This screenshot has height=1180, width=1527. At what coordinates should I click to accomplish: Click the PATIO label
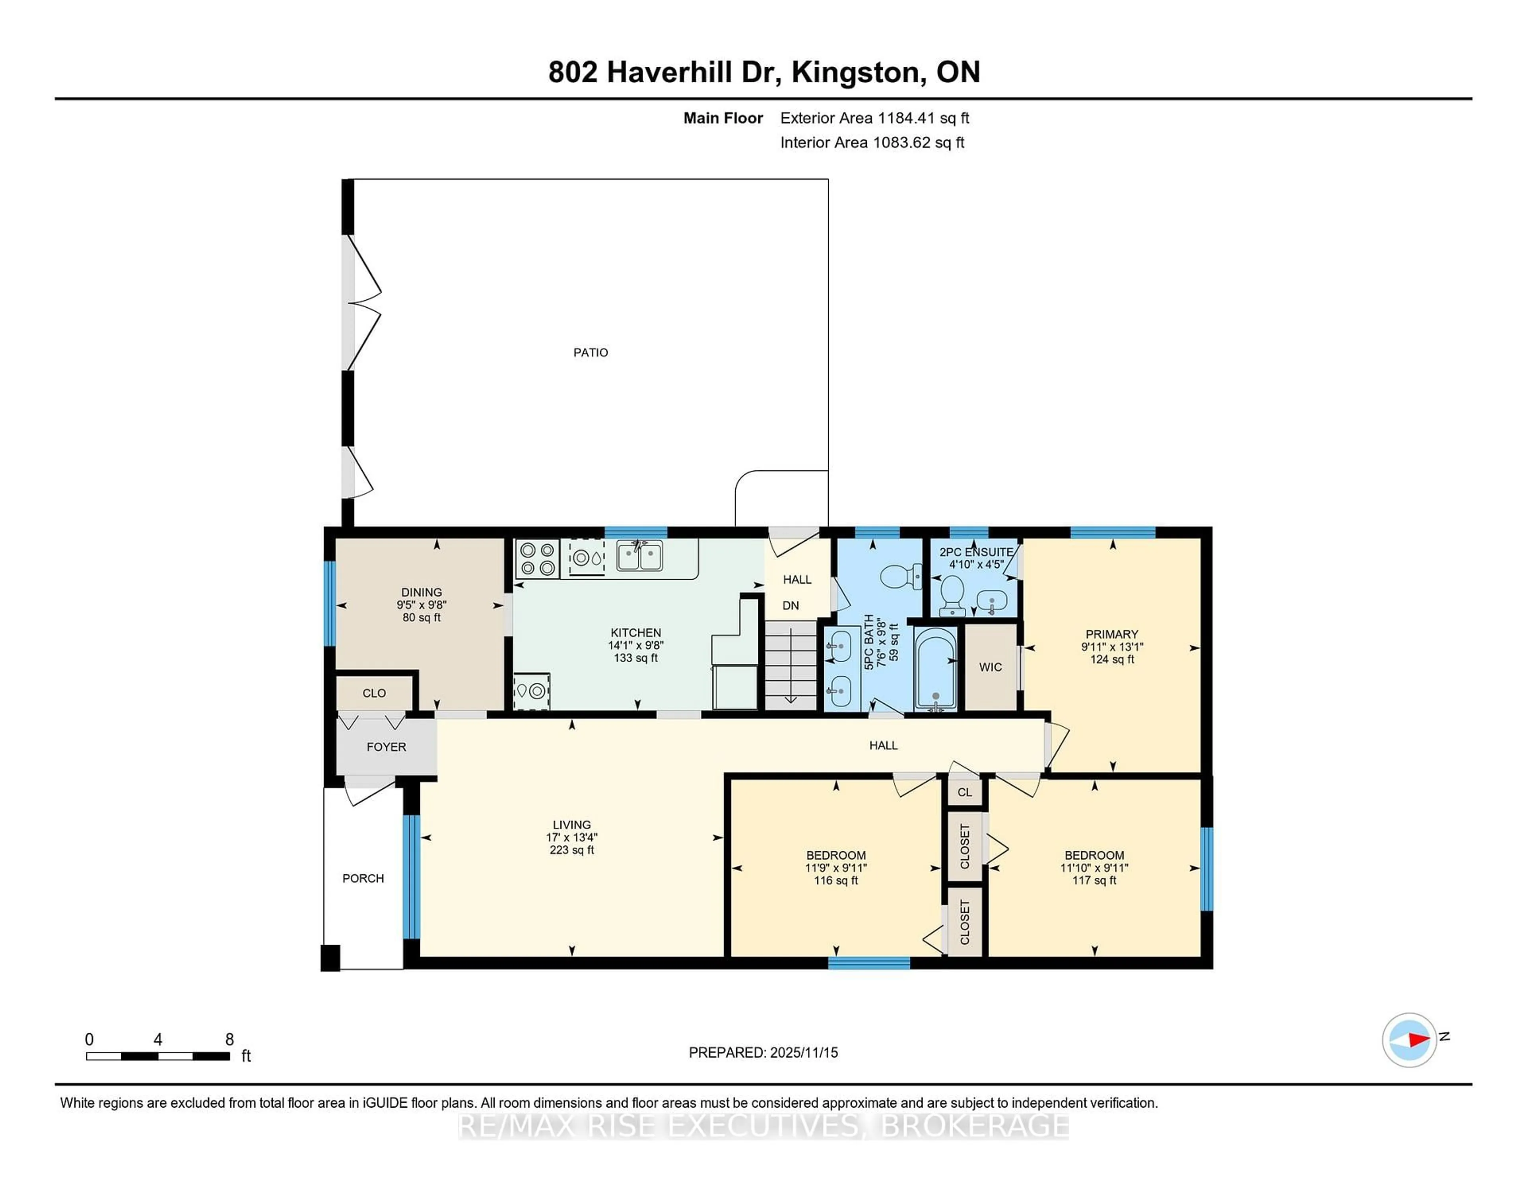pos(590,352)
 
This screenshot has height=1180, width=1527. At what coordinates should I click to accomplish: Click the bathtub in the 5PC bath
pos(936,669)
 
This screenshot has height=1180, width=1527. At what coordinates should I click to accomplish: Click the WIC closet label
pos(990,667)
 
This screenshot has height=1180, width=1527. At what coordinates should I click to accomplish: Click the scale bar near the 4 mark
pos(158,1056)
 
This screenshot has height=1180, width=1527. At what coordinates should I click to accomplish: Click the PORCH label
pos(363,878)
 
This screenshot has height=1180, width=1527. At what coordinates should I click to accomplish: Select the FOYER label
pos(386,747)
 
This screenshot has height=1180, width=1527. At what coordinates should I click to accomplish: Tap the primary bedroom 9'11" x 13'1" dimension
pos(1112,646)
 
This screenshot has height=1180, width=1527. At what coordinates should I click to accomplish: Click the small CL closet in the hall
pos(964,792)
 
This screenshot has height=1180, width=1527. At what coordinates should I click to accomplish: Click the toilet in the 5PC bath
pos(898,577)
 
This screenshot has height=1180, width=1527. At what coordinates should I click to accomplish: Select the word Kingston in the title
pos(855,72)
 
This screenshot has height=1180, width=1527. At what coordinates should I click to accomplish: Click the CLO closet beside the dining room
pos(374,693)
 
